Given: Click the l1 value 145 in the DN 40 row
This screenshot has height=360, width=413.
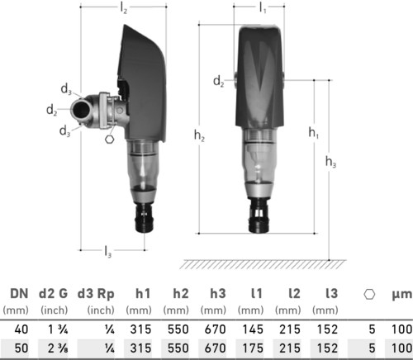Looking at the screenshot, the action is click(x=253, y=329).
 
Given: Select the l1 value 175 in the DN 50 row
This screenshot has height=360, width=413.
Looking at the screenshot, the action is click(x=253, y=348).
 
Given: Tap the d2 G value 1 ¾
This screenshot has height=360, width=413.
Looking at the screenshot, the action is click(x=58, y=329).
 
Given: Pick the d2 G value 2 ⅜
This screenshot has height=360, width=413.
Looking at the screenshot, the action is click(x=58, y=348).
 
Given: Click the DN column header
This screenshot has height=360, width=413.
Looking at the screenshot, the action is click(x=19, y=294).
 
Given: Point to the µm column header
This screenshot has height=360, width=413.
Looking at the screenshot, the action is click(x=402, y=295).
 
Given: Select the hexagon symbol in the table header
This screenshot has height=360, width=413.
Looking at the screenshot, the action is click(x=369, y=294).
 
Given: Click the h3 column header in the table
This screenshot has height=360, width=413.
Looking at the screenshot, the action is click(x=218, y=293).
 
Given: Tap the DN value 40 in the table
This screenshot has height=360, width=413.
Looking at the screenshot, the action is click(x=21, y=329).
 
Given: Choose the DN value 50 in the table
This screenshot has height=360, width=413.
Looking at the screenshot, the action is click(x=21, y=348).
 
